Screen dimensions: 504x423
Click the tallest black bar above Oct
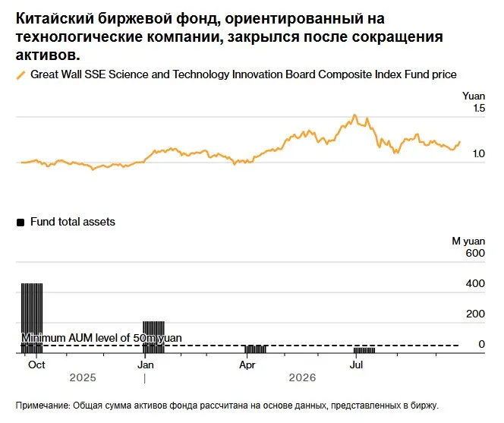point(32,317)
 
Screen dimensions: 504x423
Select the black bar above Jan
point(153,336)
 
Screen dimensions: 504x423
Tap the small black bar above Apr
point(256,349)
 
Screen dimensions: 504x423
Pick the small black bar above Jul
point(364,350)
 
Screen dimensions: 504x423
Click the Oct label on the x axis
point(36,365)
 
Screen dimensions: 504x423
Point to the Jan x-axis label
point(145,365)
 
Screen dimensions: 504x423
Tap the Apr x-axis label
point(247,365)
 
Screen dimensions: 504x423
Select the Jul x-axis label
point(356,365)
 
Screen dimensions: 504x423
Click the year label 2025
point(83,377)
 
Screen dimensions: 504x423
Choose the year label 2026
point(302,377)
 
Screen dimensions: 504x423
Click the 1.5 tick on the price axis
point(479,108)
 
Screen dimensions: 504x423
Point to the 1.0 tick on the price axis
point(479,153)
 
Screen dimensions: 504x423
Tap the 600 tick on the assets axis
point(475,253)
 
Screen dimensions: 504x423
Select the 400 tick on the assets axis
point(475,283)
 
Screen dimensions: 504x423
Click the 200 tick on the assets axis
point(475,314)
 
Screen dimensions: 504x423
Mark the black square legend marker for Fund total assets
point(20,223)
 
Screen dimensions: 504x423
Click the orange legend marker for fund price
point(20,75)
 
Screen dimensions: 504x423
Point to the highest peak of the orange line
point(354,115)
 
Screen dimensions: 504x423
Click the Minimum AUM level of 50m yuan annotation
point(102,338)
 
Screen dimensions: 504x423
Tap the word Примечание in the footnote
point(43,406)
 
